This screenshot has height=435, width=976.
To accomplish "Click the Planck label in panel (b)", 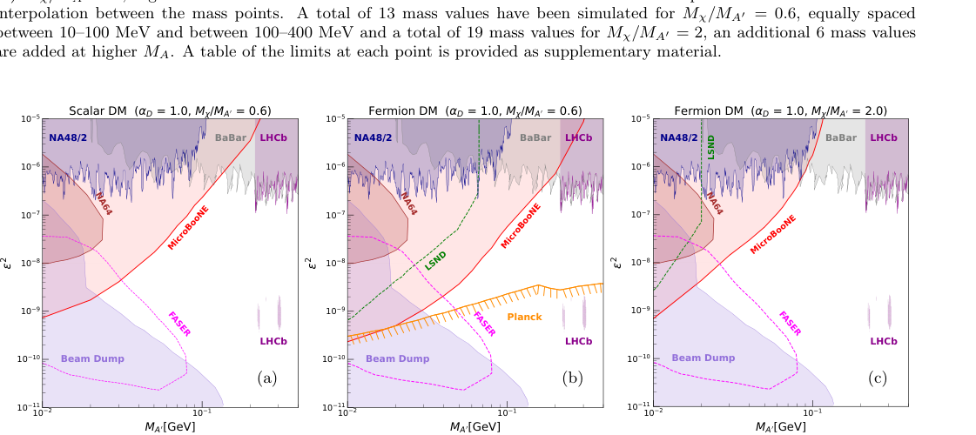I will (x=524, y=317).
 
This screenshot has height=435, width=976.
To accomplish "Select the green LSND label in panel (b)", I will (x=436, y=259).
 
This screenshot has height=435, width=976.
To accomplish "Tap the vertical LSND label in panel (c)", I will (x=711, y=145).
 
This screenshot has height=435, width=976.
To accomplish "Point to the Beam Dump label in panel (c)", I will (x=703, y=358).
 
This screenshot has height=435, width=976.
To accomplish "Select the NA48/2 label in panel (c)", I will (x=679, y=137).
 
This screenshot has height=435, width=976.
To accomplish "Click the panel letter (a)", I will (x=266, y=378).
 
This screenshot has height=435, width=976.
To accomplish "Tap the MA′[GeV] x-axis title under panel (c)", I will (x=780, y=426).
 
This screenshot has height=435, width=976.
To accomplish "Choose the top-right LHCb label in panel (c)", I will (x=884, y=137).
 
